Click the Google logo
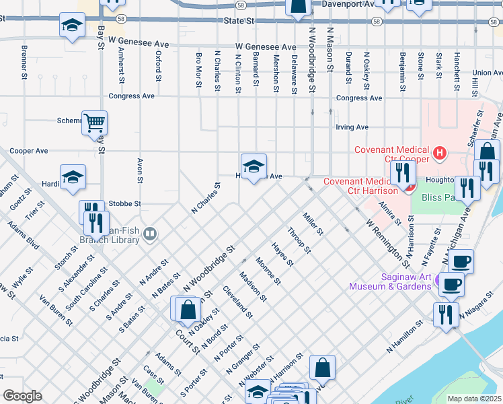tap(22, 396)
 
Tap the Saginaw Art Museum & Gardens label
tap(389, 281)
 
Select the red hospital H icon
tap(439, 154)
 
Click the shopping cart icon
tap(95, 123)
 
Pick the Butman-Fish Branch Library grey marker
tap(150, 234)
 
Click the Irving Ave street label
tap(352, 127)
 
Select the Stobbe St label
tap(124, 203)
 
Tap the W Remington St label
tap(387, 239)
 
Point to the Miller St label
tap(313, 223)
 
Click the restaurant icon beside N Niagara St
tap(446, 314)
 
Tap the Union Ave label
tap(488, 73)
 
